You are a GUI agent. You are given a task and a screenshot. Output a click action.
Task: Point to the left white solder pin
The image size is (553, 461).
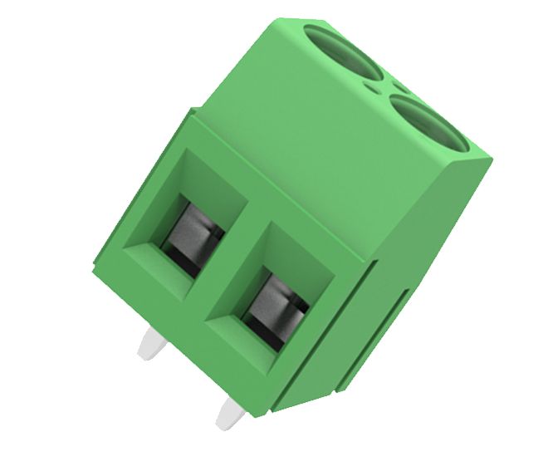pos(151,342)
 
